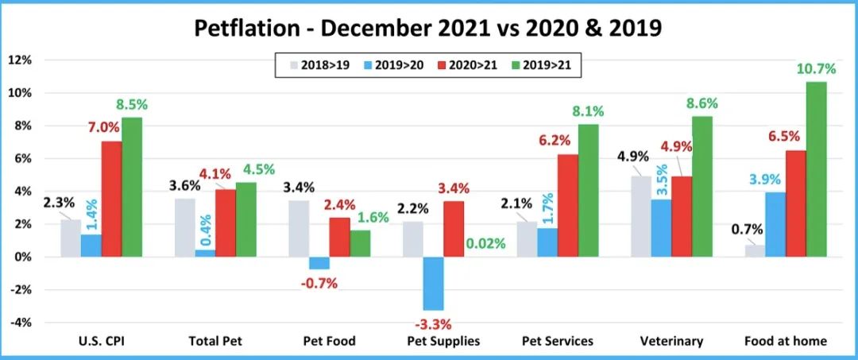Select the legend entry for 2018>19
[317, 65]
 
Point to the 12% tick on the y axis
[20, 60]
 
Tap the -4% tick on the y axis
[20, 323]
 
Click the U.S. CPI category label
[101, 342]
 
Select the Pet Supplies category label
[444, 342]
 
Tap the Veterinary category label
[672, 342]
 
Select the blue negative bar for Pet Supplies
[432, 283]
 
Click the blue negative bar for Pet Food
[319, 263]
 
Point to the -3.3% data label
[432, 323]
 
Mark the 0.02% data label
[480, 244]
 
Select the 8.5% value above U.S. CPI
[132, 104]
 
